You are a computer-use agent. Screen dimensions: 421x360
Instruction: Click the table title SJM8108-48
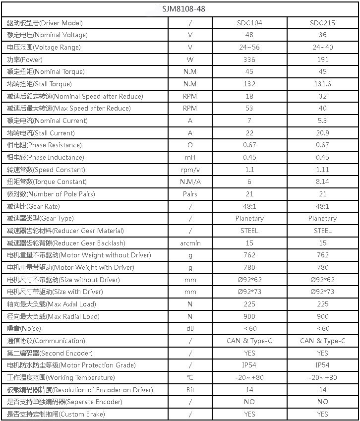tap(180, 8)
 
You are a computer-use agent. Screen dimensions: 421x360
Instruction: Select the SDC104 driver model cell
tap(249, 23)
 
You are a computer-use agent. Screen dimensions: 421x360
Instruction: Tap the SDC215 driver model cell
tap(322, 23)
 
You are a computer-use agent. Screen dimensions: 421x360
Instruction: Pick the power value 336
tap(249, 60)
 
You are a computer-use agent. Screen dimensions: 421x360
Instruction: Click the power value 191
tap(322, 60)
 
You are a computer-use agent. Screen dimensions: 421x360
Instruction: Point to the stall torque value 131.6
tap(322, 84)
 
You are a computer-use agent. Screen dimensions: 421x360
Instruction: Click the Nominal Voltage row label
tap(47, 35)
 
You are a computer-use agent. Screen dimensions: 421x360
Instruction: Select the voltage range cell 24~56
tap(249, 47)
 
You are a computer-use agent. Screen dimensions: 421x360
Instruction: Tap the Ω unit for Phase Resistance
tap(190, 145)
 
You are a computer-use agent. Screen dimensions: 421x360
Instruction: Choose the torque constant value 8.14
tap(322, 181)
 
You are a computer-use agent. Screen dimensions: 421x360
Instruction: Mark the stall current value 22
tap(249, 133)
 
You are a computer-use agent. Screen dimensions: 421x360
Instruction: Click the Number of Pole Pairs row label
tap(51, 194)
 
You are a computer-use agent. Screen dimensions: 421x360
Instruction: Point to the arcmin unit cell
tap(190, 243)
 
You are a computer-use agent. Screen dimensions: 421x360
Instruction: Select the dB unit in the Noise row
tap(190, 328)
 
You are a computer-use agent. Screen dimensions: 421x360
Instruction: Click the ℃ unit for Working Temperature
tap(190, 377)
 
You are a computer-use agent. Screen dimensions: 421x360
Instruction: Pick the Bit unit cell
tap(190, 390)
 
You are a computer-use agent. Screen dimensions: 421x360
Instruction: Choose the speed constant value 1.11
tap(322, 170)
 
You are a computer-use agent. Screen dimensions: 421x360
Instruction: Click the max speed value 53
tap(249, 108)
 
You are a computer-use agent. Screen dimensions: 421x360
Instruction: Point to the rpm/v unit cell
tap(190, 170)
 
